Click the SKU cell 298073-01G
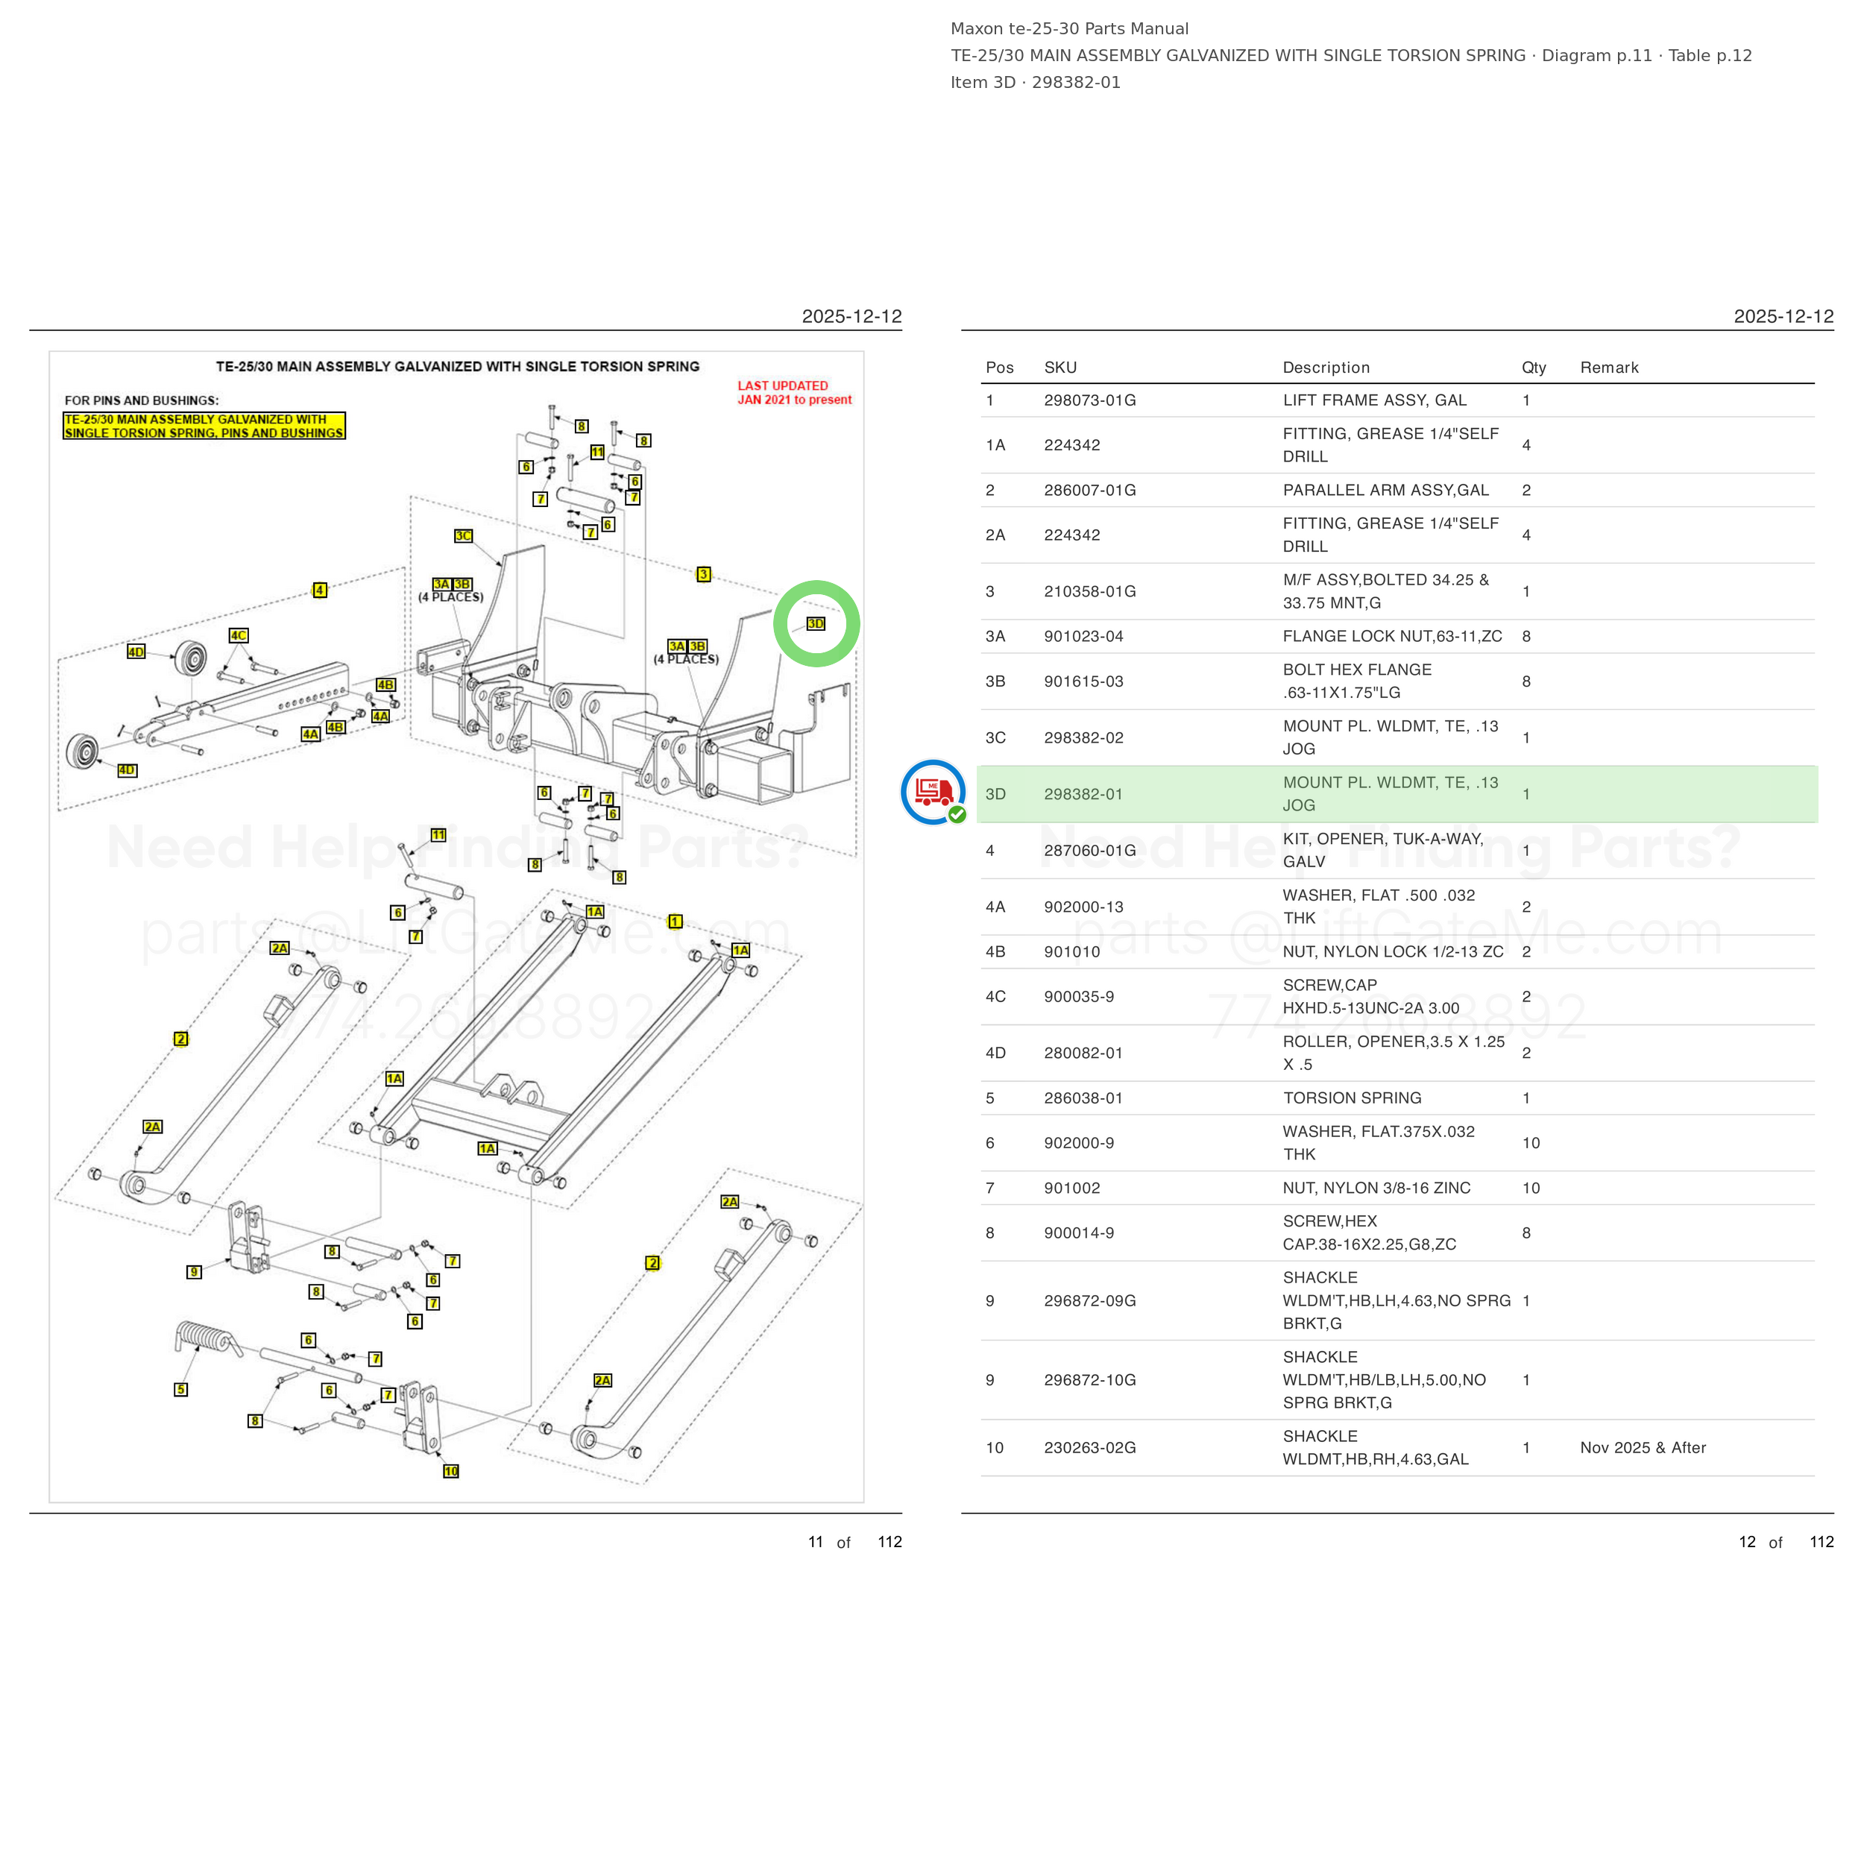pyautogui.click(x=1089, y=400)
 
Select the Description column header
pyautogui.click(x=1326, y=368)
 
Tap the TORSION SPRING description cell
pyautogui.click(x=1352, y=1098)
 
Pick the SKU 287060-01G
pyautogui.click(x=1089, y=850)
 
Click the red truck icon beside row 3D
pyautogui.click(x=933, y=792)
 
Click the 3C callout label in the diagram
pyautogui.click(x=464, y=535)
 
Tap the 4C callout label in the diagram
pyautogui.click(x=239, y=635)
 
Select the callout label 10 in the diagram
pyautogui.click(x=450, y=1471)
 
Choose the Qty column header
pyautogui.click(x=1534, y=368)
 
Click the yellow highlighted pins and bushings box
pyautogui.click(x=204, y=426)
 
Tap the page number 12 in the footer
pyautogui.click(x=1747, y=1542)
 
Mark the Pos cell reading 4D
pyautogui.click(x=995, y=1053)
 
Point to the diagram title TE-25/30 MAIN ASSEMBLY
pyautogui.click(x=457, y=367)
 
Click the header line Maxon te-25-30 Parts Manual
pyautogui.click(x=1069, y=29)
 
